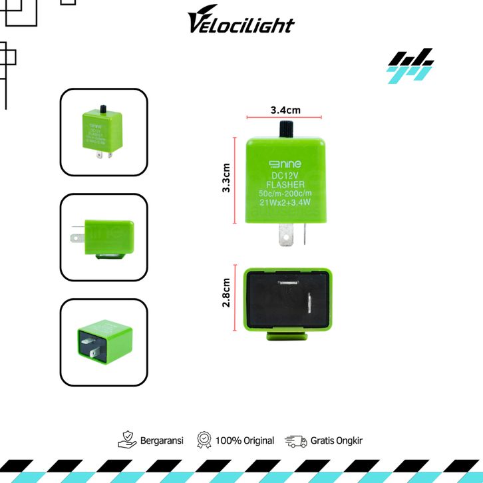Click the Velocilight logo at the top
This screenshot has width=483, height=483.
241,24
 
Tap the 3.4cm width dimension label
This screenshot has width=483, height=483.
284,109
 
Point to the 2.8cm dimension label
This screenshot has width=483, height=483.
227,293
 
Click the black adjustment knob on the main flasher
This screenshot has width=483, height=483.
284,128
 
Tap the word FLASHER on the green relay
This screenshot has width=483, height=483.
285,184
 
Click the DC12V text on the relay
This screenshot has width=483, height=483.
285,175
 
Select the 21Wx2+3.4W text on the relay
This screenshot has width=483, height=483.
285,203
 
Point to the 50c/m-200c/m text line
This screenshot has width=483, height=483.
285,194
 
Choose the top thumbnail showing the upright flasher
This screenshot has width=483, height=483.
104,133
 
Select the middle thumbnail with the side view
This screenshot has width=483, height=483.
104,238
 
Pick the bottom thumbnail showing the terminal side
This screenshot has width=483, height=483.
104,342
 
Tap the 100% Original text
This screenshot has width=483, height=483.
245,440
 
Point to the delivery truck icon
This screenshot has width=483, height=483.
295,440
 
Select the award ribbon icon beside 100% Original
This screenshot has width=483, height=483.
204,440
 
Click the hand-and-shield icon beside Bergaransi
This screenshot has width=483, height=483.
127,440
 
